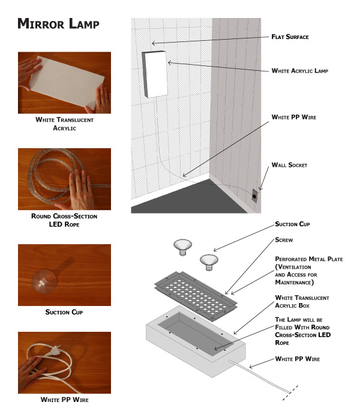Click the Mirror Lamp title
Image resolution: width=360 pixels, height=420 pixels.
[58, 23]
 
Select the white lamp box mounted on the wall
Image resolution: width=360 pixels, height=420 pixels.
[155, 74]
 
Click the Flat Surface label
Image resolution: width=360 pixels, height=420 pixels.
[290, 37]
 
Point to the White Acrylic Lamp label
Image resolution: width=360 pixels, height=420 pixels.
[300, 71]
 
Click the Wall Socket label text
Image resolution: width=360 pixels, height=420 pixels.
[289, 165]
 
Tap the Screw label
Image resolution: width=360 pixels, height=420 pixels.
[284, 240]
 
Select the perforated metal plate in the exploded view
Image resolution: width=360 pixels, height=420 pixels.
[196, 295]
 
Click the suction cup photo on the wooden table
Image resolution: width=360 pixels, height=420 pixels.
[44, 281]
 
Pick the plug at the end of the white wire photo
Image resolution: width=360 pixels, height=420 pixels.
[55, 350]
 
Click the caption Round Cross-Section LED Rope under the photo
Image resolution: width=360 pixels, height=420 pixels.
[64, 220]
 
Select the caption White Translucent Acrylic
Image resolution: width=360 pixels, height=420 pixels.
[65, 124]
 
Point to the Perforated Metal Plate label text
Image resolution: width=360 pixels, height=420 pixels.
[308, 271]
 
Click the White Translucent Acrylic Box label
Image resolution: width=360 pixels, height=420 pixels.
[302, 302]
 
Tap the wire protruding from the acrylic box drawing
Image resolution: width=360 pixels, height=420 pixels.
[259, 377]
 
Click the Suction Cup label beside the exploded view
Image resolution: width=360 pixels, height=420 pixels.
[292, 224]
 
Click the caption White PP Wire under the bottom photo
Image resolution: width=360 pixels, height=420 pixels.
[65, 400]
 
